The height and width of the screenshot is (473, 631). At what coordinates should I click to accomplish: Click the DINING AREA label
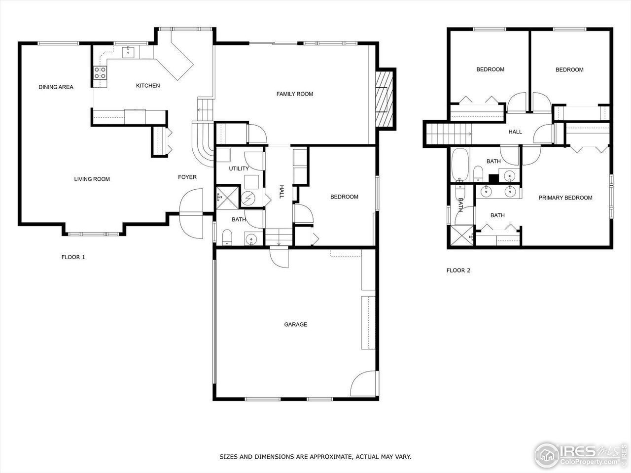pos(56,87)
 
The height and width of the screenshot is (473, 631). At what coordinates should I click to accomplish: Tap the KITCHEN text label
pos(148,86)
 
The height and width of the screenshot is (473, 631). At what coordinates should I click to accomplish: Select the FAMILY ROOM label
pos(294,94)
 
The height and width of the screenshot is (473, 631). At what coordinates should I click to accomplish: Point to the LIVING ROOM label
pos(92,179)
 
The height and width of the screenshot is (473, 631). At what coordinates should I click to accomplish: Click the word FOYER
pos(187,177)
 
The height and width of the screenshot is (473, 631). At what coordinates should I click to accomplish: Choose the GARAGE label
pos(295,325)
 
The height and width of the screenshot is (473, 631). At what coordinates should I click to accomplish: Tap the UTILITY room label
pos(239,169)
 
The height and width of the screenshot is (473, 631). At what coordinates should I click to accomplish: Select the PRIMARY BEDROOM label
pos(565,198)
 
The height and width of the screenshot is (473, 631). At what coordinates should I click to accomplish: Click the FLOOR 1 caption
pos(73,257)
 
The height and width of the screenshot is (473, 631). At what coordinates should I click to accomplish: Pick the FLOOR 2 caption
pos(458,270)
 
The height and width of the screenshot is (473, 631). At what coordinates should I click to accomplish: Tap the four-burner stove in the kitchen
pos(100,73)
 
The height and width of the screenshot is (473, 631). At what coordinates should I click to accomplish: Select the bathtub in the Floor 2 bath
pos(460,165)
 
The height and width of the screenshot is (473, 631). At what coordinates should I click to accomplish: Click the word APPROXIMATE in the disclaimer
pos(328,457)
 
